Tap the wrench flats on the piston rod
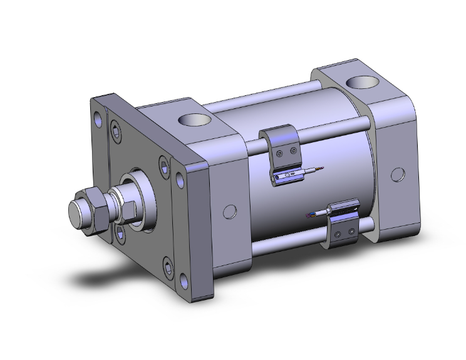pos(124,211)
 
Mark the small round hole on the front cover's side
pos(230,212)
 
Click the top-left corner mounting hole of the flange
pos(98,117)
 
